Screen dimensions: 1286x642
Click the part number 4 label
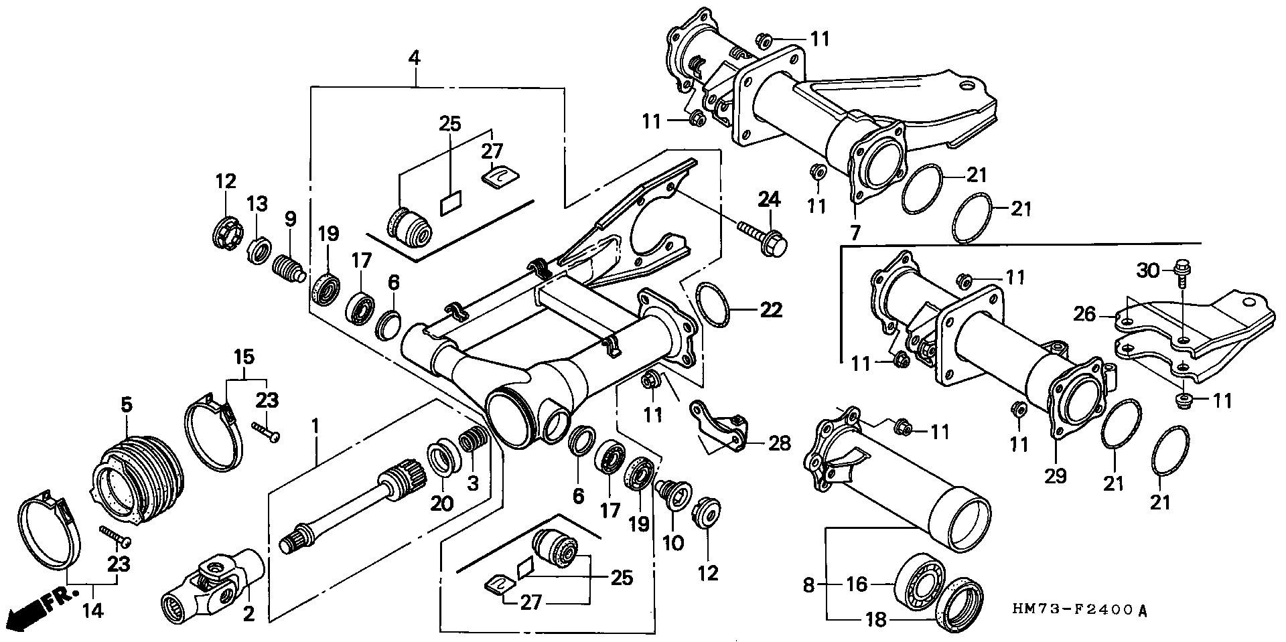point(415,58)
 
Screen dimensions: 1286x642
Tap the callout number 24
point(770,199)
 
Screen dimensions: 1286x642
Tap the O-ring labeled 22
point(713,307)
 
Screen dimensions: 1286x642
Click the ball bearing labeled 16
point(920,582)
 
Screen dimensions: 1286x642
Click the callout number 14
point(94,611)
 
